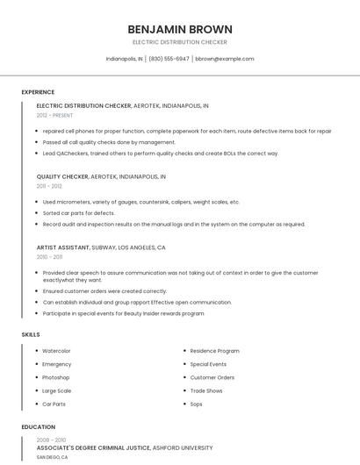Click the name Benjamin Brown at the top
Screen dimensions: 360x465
click(x=179, y=29)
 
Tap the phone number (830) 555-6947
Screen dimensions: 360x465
click(x=169, y=59)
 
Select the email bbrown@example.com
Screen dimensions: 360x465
click(x=224, y=59)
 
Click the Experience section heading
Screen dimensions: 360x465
click(x=38, y=92)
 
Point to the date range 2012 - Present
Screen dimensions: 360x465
click(x=55, y=115)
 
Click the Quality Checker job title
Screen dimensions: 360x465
click(x=62, y=176)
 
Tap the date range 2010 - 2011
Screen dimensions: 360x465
click(x=49, y=257)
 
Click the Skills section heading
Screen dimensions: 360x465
click(x=30, y=334)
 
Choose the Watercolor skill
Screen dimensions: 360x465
click(x=56, y=351)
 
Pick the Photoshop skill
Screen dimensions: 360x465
click(x=55, y=377)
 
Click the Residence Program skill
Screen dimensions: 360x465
click(x=214, y=351)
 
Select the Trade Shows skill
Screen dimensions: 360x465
click(x=206, y=390)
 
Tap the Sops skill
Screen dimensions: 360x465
click(x=197, y=404)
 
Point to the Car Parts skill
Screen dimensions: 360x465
click(x=54, y=404)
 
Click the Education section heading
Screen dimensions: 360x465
click(x=38, y=427)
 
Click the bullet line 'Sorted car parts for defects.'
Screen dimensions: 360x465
click(x=79, y=213)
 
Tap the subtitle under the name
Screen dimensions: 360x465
click(x=179, y=42)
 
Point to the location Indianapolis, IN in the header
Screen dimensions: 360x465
click(x=124, y=59)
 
